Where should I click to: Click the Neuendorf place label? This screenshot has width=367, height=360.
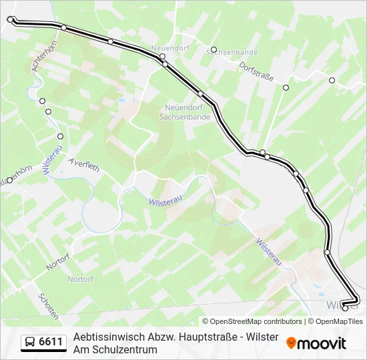(167, 49)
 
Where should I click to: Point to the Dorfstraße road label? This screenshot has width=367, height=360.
(257, 71)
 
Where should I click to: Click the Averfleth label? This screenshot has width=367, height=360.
(83, 165)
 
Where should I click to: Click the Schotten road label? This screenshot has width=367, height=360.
(48, 306)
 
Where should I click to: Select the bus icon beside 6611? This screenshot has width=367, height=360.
(30, 343)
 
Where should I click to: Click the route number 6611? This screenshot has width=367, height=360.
(51, 343)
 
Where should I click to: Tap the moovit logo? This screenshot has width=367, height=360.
(316, 343)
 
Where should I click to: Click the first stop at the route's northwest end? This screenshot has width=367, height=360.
(10, 19)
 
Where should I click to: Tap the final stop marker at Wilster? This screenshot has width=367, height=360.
(345, 307)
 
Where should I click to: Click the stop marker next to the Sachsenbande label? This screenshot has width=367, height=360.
(214, 49)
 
